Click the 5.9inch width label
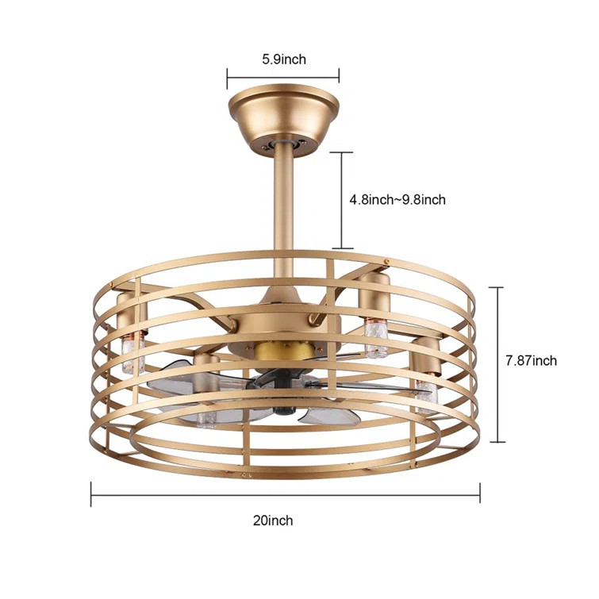pos(283,59)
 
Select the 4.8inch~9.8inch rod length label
pos(397,200)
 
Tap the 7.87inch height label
pos(531,361)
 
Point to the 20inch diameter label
pos(275,520)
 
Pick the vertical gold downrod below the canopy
pos(283,206)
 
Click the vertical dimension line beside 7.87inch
pos(499,364)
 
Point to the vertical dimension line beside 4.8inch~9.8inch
pos(342,200)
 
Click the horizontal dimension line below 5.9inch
pos(283,77)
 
